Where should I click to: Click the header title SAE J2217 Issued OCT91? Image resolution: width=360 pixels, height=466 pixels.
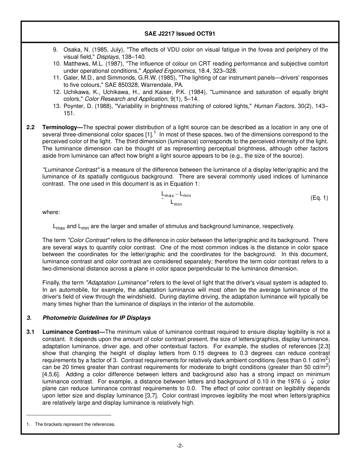pyautogui.click(x=180, y=33)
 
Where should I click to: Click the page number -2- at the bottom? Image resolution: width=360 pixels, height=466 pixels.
pyautogui.click(x=180, y=446)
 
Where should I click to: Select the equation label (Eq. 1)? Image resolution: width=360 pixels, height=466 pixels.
pyautogui.click(x=319, y=198)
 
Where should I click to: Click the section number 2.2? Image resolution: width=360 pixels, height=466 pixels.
pyautogui.click(x=30, y=127)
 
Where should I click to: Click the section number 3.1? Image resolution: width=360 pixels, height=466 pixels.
pyautogui.click(x=30, y=332)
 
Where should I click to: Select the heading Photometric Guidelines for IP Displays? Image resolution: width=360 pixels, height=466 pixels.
pyautogui.click(x=96, y=318)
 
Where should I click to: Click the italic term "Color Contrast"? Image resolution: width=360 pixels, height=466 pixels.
pyautogui.click(x=88, y=240)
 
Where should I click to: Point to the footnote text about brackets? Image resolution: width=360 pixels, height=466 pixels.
pyautogui.click(x=75, y=424)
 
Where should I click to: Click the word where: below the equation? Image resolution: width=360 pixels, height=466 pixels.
pyautogui.click(x=51, y=212)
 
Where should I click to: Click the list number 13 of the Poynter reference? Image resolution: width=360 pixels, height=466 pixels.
pyautogui.click(x=56, y=106)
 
